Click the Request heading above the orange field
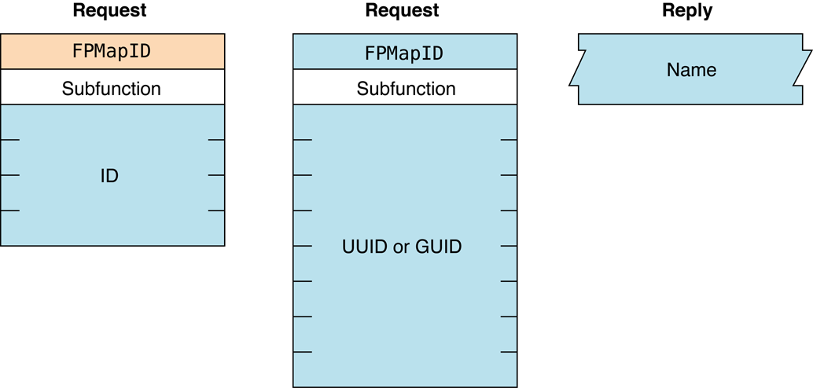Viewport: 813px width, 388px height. pyautogui.click(x=109, y=11)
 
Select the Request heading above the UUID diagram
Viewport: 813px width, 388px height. pyautogui.click(x=402, y=11)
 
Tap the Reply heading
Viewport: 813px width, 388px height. pyautogui.click(x=687, y=11)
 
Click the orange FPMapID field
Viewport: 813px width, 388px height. pyautogui.click(x=112, y=52)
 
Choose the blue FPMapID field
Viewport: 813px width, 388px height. pyautogui.click(x=404, y=53)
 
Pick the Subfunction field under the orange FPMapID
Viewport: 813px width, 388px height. pyautogui.click(x=112, y=88)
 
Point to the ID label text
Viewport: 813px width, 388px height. pyautogui.click(x=109, y=176)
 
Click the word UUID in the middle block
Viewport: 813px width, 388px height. pyautogui.click(x=366, y=247)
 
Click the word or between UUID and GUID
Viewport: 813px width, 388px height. pyautogui.click(x=402, y=247)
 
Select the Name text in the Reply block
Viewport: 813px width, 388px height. pyautogui.click(x=691, y=70)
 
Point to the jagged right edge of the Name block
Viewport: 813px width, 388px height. pyautogui.click(x=806, y=69)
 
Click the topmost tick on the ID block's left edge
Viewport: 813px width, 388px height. pyautogui.click(x=10, y=140)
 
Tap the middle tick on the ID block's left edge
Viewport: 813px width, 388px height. pyautogui.click(x=10, y=175)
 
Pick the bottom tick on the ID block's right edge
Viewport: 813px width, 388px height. pyautogui.click(x=216, y=210)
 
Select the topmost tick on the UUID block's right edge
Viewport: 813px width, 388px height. pyautogui.click(x=509, y=140)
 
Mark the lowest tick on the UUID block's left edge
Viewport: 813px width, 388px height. pyautogui.click(x=303, y=351)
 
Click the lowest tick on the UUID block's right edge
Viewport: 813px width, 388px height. pyautogui.click(x=509, y=351)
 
